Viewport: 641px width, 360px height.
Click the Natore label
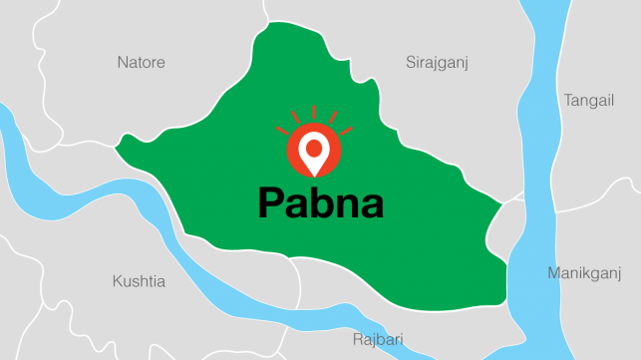tap(142, 63)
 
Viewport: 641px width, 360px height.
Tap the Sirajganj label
tap(437, 63)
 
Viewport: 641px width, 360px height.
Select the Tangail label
tap(589, 100)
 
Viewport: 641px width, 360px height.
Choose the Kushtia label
tap(139, 282)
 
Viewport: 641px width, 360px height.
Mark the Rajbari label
tap(380, 340)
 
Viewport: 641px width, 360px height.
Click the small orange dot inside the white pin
tap(314, 149)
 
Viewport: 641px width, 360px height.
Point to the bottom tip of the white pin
tap(314, 174)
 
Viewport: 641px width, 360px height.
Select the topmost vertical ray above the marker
tap(314, 112)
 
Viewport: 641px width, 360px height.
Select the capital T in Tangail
tap(567, 100)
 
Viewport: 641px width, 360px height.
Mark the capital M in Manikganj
tap(553, 272)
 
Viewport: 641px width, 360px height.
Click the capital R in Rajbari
tap(358, 340)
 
